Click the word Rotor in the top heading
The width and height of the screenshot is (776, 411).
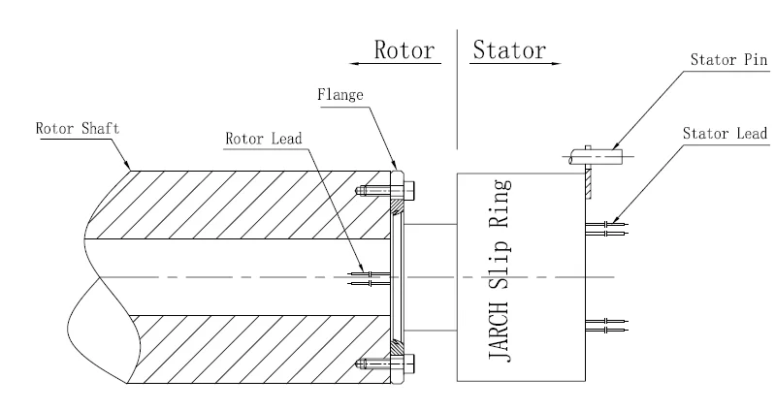tap(403, 51)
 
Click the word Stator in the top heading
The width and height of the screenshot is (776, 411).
tap(508, 51)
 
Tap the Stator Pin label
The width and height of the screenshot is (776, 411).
tap(727, 59)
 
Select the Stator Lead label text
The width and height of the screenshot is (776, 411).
tap(724, 133)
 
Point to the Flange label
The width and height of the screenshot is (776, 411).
tap(339, 95)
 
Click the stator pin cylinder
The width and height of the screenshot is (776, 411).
tap(593, 153)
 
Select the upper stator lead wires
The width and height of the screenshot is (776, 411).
tap(607, 229)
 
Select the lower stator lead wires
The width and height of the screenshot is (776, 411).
tap(607, 324)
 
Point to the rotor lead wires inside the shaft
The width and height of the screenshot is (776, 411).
tap(369, 278)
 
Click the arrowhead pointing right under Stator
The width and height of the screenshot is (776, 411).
tap(555, 65)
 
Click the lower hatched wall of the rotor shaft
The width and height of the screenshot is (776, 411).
tap(242, 349)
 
